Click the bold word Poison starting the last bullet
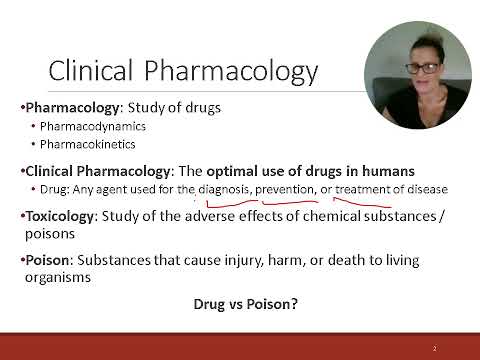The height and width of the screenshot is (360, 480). tap(49, 260)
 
